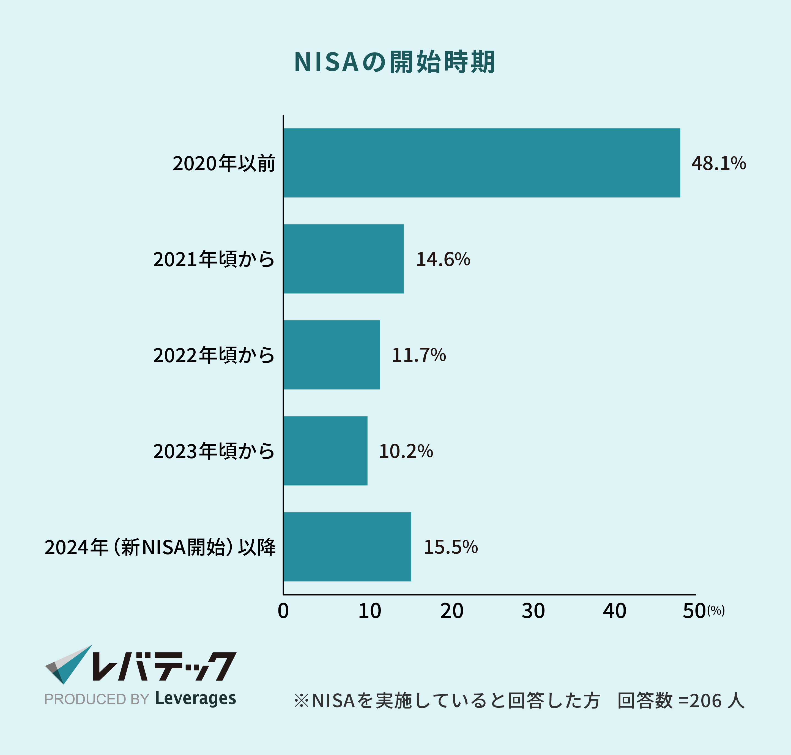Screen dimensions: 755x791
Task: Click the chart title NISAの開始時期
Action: (x=395, y=62)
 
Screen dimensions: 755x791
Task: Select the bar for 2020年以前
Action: (x=481, y=163)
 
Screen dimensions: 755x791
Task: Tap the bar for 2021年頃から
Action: (x=343, y=259)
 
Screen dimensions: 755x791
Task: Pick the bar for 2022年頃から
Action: (x=331, y=355)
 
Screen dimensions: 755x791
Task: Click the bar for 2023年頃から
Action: (x=325, y=451)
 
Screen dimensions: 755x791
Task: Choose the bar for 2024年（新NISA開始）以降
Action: (x=347, y=547)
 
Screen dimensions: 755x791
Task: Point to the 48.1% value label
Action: (x=719, y=163)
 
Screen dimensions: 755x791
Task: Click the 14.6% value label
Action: (x=443, y=259)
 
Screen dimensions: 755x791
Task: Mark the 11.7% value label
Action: (x=419, y=355)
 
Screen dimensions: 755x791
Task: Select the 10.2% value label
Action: (x=406, y=451)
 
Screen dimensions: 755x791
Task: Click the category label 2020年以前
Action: (x=224, y=163)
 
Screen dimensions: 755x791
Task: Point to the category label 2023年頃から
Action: (x=214, y=451)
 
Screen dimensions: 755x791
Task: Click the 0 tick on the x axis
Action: (x=283, y=611)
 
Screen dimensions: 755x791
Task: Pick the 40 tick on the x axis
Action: (x=614, y=611)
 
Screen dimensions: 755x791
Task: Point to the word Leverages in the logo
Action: (x=195, y=699)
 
